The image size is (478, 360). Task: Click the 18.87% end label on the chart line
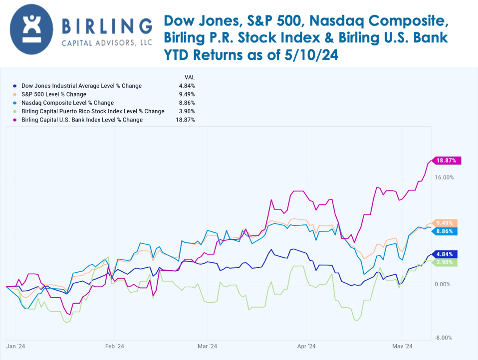point(447,161)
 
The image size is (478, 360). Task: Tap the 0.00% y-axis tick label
point(443,284)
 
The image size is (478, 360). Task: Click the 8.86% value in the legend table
point(187,103)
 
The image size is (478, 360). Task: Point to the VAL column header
point(190,77)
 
